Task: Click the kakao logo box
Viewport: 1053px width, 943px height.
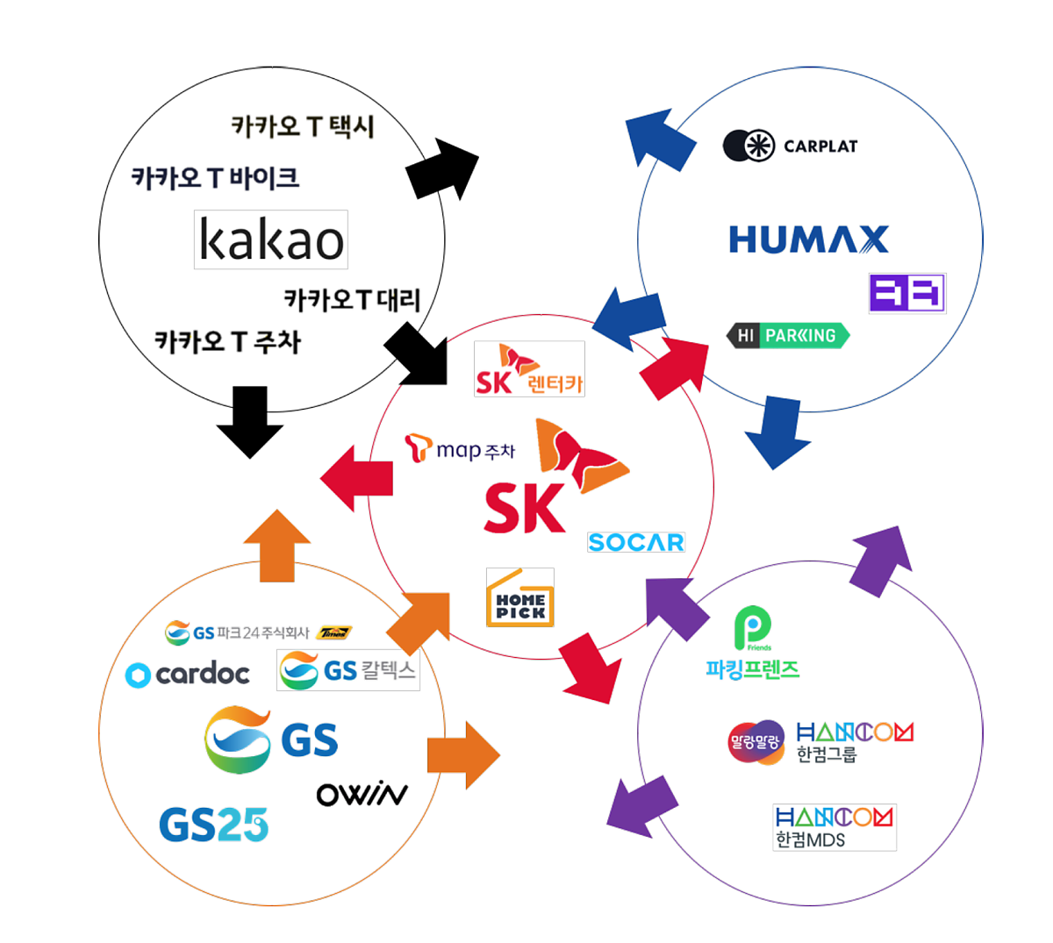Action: pyautogui.click(x=270, y=239)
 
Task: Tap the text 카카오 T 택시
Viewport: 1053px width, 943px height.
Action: pyautogui.click(x=303, y=127)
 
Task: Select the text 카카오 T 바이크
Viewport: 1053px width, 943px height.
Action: pyautogui.click(x=216, y=178)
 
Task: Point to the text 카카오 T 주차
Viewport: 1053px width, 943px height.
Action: pyautogui.click(x=227, y=341)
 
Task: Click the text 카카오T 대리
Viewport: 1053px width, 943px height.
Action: pyautogui.click(x=352, y=300)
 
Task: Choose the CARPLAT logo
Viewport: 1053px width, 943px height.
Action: pyautogui.click(x=790, y=146)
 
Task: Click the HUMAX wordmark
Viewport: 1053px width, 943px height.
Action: pyautogui.click(x=808, y=239)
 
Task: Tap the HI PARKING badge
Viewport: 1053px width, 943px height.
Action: pyautogui.click(x=787, y=335)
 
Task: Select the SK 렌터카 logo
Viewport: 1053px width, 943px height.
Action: pyautogui.click(x=529, y=369)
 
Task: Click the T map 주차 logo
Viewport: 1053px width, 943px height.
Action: pyautogui.click(x=460, y=449)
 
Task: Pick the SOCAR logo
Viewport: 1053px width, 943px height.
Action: pyautogui.click(x=635, y=542)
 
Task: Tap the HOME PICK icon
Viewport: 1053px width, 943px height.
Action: pyautogui.click(x=520, y=597)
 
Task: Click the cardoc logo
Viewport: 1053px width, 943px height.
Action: pyautogui.click(x=188, y=674)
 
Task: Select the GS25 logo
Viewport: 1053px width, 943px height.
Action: pyautogui.click(x=213, y=825)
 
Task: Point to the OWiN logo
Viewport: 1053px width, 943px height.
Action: pyautogui.click(x=362, y=794)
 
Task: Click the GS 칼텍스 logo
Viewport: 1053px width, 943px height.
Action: pyautogui.click(x=347, y=670)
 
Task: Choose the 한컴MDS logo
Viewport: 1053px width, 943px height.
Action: pyautogui.click(x=834, y=826)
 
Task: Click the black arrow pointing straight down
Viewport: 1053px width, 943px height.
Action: pyautogui.click(x=250, y=421)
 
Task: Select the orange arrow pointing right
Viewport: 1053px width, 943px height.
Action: pyautogui.click(x=463, y=755)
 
